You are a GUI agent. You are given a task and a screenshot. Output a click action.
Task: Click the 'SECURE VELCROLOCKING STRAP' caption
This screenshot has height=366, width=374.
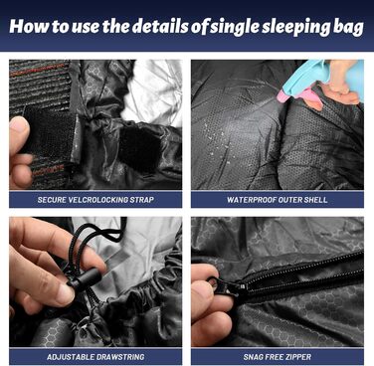(95, 200)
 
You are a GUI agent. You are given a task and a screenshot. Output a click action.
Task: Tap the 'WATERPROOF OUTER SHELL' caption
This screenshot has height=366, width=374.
(278, 200)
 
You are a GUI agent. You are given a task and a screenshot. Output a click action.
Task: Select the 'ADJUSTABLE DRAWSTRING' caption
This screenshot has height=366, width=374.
(95, 357)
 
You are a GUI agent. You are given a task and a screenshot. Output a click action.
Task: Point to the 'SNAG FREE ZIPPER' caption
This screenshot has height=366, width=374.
(278, 357)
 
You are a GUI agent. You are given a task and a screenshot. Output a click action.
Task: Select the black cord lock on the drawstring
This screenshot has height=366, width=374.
(83, 278)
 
